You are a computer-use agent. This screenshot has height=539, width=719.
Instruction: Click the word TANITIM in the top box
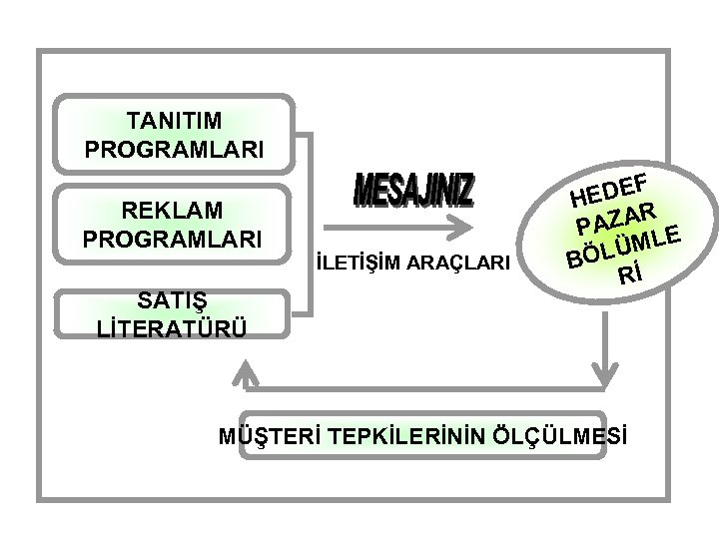tap(174, 122)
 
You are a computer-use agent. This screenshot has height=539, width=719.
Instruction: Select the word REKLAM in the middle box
tap(174, 212)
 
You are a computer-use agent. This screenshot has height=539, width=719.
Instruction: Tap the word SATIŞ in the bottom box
tap(174, 300)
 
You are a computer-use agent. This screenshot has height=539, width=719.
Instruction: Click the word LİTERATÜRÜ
tap(174, 328)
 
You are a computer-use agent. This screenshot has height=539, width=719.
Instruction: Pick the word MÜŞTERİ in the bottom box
tap(266, 435)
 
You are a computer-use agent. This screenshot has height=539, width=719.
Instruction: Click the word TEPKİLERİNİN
tap(396, 435)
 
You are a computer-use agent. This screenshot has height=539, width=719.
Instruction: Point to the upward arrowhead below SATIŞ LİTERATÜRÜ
tap(244, 376)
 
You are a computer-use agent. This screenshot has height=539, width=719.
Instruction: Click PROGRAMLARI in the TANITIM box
tap(174, 150)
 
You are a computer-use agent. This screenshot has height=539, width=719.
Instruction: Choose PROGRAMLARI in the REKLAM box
tap(174, 240)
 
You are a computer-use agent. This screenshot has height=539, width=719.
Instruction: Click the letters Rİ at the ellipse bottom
tap(629, 271)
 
